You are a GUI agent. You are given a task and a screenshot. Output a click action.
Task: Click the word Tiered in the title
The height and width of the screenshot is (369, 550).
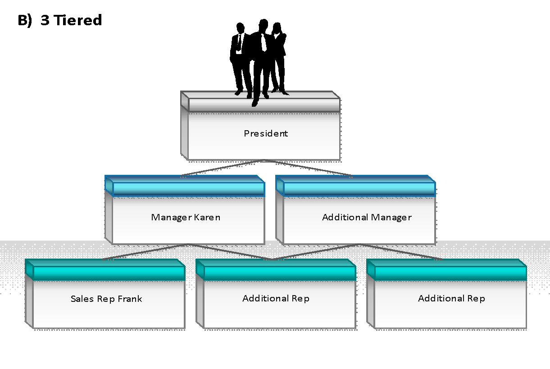(77, 20)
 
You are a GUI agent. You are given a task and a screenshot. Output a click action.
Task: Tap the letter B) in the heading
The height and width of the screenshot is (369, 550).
(25, 20)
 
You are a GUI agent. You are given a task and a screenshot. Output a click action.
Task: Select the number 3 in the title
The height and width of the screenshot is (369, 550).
(45, 20)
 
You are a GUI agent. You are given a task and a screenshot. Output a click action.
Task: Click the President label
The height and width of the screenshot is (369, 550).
(266, 133)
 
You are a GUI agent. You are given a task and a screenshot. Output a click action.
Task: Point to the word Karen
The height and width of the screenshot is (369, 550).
(207, 217)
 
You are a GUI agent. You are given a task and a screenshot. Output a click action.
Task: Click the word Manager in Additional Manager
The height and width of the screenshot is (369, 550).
(391, 218)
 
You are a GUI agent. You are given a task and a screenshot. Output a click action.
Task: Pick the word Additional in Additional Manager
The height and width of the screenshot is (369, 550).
(345, 217)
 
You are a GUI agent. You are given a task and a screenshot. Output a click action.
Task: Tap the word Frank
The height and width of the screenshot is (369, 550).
(130, 299)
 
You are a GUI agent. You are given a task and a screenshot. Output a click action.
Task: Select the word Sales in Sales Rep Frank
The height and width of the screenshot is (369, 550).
(82, 299)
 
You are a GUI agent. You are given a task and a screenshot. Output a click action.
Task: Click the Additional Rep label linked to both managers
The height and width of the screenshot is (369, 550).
(276, 299)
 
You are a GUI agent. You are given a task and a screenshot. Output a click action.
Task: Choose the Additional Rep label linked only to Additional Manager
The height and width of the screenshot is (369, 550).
(451, 299)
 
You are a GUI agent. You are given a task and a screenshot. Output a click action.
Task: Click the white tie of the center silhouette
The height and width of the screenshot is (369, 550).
(264, 42)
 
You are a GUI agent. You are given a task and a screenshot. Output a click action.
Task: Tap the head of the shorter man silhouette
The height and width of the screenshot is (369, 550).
(240, 27)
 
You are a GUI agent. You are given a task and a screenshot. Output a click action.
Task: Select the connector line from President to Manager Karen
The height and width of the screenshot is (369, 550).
(222, 168)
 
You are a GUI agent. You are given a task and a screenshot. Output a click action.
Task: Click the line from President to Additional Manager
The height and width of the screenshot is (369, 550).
(308, 168)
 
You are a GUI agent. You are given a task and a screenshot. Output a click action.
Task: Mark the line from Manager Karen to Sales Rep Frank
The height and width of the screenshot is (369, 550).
(145, 252)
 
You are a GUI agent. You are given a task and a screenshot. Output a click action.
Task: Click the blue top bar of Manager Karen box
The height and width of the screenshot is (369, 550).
(185, 186)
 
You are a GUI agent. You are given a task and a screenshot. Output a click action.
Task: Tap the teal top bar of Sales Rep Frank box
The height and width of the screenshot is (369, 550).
(105, 270)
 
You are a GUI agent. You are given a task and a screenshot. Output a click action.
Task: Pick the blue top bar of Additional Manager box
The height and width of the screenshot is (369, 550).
(355, 186)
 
